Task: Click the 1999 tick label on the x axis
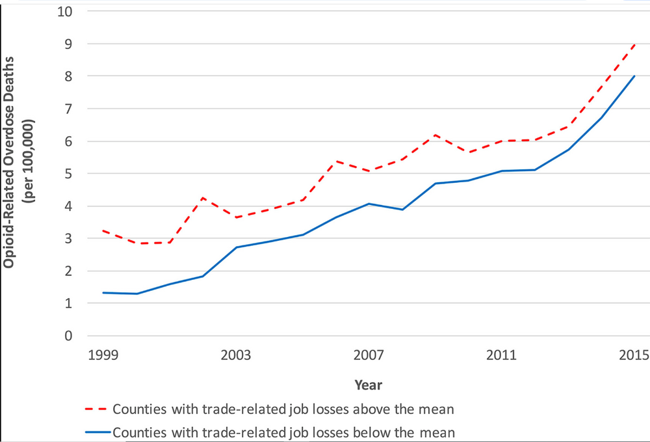(103, 355)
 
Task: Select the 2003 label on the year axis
(236, 355)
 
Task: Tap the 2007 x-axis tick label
(369, 355)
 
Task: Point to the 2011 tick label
(502, 355)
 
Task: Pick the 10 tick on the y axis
(64, 12)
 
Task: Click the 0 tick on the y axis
(68, 336)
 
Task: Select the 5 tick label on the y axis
(68, 173)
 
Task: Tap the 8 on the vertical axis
(68, 76)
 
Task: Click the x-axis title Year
(368, 385)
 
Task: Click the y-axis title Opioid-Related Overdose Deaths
(8, 162)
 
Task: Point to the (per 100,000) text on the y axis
(29, 161)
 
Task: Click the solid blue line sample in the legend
(98, 432)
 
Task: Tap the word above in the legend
(372, 409)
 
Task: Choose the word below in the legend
(372, 433)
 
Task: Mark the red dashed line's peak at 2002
(203, 197)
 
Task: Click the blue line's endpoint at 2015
(634, 76)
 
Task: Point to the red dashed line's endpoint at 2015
(634, 44)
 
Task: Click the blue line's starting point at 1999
(103, 292)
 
